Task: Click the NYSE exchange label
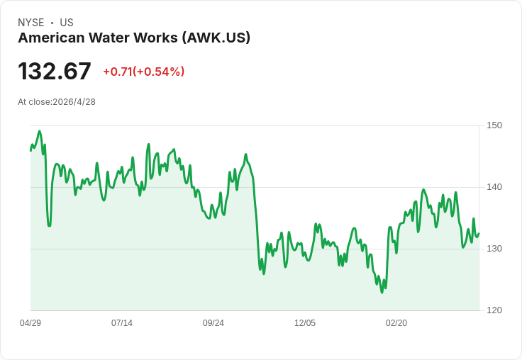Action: tap(31, 23)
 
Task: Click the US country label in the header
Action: tap(67, 23)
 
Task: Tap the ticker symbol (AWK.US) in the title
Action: tap(216, 38)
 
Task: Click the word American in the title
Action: tap(50, 38)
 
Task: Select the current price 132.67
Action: tap(55, 72)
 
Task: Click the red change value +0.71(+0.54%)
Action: tap(143, 72)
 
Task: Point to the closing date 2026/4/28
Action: tap(74, 102)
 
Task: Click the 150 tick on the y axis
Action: tap(494, 125)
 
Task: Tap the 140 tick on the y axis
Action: tap(494, 187)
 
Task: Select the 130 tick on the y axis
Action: tap(494, 249)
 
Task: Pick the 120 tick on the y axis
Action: tap(494, 310)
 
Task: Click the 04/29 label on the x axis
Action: tap(30, 323)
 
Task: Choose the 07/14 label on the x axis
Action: tap(122, 323)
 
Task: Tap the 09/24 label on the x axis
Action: tap(213, 323)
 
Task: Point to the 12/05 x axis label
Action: tap(305, 323)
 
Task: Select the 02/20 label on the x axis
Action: tap(396, 323)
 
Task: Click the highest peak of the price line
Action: tap(39, 131)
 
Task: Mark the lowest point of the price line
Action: tap(382, 292)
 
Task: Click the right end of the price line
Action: tap(479, 234)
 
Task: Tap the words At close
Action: tap(34, 102)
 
